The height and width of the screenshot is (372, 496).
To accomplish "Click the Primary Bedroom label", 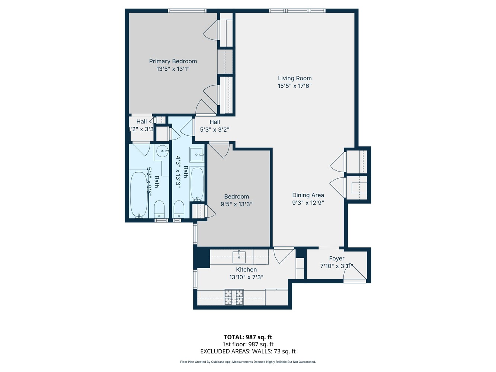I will point(173,61).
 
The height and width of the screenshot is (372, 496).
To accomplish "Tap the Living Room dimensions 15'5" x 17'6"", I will point(295,86).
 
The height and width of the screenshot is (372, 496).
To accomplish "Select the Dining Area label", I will point(308,195).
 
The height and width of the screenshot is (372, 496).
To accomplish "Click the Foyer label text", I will point(337,259).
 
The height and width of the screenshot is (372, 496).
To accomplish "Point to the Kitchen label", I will point(246,270).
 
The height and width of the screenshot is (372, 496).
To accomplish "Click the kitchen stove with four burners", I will point(234,297).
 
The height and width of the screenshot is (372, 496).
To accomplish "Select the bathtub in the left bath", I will point(139,194).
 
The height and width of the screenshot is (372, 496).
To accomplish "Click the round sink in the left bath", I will point(162,151).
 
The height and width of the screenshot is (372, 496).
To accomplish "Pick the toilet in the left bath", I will point(159,210).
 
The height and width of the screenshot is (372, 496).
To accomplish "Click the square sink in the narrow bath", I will point(196,154).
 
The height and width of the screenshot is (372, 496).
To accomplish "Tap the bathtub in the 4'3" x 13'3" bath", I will point(197,184).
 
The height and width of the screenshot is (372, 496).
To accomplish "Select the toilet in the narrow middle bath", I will point(179,211).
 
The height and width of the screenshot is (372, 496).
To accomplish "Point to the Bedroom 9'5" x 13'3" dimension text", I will point(237,204).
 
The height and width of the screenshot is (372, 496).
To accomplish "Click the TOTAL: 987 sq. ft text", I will point(248,337).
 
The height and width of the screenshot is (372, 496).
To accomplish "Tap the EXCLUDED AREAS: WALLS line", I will point(248,351).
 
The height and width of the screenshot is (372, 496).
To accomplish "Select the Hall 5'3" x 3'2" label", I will point(215,126).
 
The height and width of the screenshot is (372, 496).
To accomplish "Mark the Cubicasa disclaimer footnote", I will point(248,362).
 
